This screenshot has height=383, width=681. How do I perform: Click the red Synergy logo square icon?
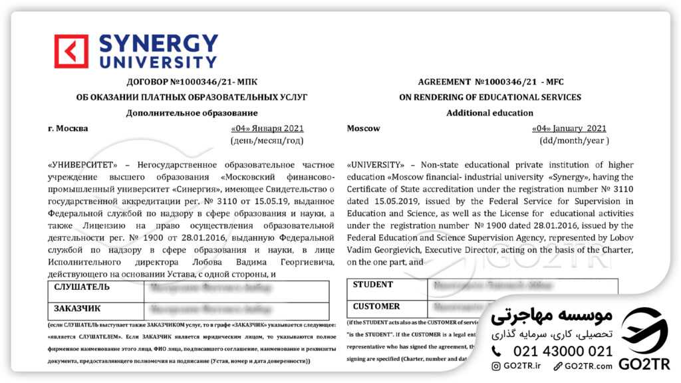click(x=71, y=52)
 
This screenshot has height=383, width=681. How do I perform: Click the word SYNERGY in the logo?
click(x=158, y=45)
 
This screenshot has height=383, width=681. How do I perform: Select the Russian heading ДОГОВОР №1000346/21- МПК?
click(x=192, y=82)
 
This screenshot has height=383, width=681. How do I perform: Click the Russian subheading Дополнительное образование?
click(x=192, y=113)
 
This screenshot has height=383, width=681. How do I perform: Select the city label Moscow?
click(x=364, y=128)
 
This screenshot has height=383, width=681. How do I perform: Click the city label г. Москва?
click(x=68, y=128)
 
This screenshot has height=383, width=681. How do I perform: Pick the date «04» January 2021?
click(x=569, y=128)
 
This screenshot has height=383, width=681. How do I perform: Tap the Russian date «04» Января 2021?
click(x=267, y=128)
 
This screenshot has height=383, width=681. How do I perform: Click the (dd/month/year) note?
click(x=574, y=141)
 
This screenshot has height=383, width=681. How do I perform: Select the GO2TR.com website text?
click(x=586, y=366)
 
